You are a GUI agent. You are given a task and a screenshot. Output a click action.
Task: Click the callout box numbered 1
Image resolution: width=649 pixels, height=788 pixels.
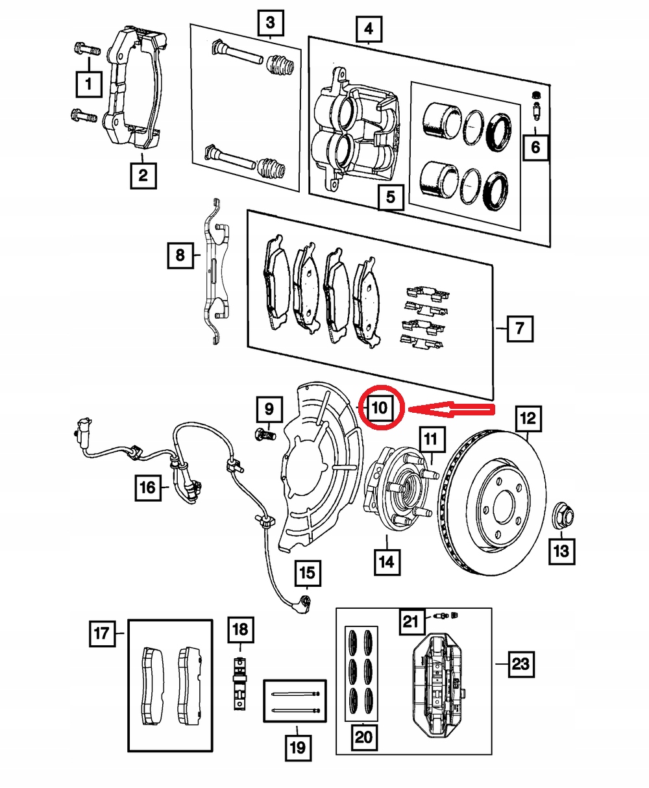[90, 84]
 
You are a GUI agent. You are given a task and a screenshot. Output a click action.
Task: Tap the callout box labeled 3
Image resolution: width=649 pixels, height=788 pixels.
[271, 24]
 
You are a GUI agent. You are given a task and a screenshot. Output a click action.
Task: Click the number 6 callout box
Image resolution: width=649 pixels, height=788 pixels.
[535, 147]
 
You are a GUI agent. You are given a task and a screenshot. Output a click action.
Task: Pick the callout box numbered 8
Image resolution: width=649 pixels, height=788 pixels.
[180, 255]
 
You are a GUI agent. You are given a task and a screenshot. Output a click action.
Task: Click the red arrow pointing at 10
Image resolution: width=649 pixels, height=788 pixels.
[454, 409]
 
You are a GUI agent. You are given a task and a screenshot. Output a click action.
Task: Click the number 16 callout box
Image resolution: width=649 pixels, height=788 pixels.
[149, 487]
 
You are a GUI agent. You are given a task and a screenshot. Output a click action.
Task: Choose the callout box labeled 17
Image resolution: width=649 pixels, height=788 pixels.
[102, 633]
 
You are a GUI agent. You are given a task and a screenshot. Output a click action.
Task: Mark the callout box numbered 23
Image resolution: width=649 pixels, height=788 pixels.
[521, 663]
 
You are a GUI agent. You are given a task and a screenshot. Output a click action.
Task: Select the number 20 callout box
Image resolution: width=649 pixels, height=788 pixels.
[363, 737]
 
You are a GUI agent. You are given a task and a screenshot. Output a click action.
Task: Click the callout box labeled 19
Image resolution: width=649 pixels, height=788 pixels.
[297, 748]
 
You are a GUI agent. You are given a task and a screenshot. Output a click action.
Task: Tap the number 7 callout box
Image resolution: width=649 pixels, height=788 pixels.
[519, 329]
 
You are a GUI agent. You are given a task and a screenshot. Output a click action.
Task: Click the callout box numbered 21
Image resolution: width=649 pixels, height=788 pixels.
[410, 622]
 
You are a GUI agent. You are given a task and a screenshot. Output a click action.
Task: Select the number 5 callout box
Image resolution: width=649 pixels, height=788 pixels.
[391, 196]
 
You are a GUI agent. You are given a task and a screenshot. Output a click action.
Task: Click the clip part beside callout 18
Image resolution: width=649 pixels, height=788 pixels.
[240, 685]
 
